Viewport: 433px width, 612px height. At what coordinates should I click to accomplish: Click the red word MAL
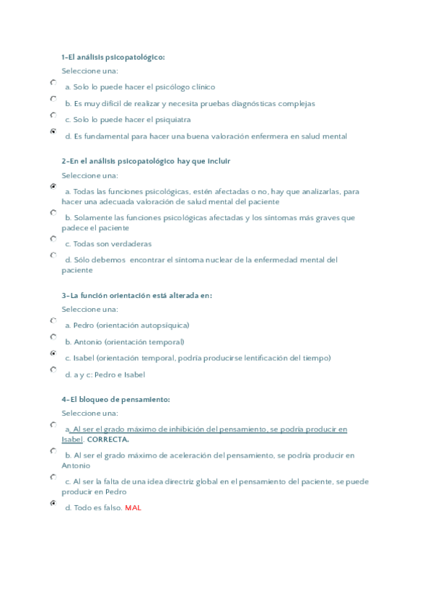coord(133,507)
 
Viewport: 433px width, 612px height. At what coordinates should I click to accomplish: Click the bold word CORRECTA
coord(108,440)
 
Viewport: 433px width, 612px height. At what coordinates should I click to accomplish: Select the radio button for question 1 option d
coord(53,131)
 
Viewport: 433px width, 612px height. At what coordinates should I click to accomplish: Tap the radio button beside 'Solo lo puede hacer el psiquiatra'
coord(53,115)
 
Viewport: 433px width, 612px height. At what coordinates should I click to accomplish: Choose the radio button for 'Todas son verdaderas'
coord(53,239)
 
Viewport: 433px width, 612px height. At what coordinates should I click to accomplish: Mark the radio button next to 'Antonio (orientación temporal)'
coord(53,337)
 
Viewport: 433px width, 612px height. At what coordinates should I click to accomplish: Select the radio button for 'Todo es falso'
coord(53,503)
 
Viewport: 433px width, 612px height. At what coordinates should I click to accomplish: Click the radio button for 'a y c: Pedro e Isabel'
coord(53,370)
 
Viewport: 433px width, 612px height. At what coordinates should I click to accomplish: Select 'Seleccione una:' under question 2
coord(89,175)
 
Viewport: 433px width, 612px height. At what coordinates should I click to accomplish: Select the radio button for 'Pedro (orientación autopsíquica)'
coord(53,321)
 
